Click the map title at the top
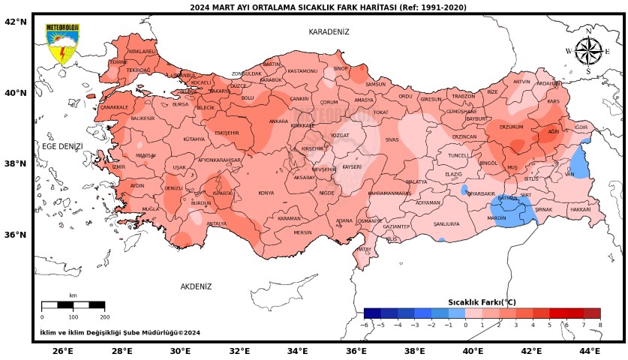pyautogui.click(x=328, y=7)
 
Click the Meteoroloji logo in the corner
pyautogui.click(x=63, y=44)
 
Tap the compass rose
pyautogui.click(x=587, y=52)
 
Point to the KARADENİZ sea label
pyautogui.click(x=329, y=31)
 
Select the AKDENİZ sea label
pyautogui.click(x=196, y=286)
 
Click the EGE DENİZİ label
pyautogui.click(x=62, y=146)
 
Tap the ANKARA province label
pyautogui.click(x=278, y=121)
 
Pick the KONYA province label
pyautogui.click(x=266, y=193)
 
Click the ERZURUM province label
pyautogui.click(x=511, y=127)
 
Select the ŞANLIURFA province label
pyautogui.click(x=446, y=223)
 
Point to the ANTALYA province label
pyautogui.click(x=217, y=223)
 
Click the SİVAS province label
pyautogui.click(x=392, y=139)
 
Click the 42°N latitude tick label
pyautogui.click(x=16, y=22)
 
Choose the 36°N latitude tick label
pyautogui.click(x=16, y=235)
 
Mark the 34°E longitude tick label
pyautogui.click(x=297, y=351)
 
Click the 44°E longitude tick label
pyautogui.click(x=590, y=351)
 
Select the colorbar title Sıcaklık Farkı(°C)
pyautogui.click(x=482, y=302)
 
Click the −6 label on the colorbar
pyautogui.click(x=365, y=325)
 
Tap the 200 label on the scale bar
pyautogui.click(x=104, y=317)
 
